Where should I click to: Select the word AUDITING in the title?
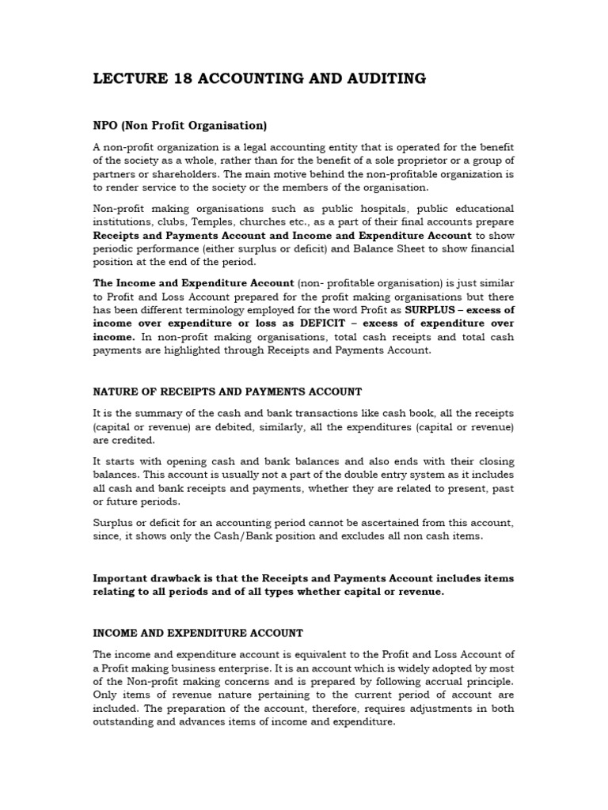coord(386,78)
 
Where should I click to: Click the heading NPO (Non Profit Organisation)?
coord(180,125)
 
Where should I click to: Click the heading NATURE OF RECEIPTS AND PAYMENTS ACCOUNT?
coord(227,392)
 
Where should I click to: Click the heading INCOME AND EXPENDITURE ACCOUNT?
coord(198,633)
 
